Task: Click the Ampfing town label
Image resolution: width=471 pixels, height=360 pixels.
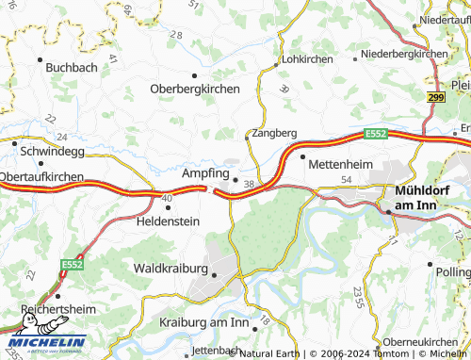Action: (x=205, y=173)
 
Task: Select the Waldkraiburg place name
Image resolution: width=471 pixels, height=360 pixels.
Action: (x=171, y=267)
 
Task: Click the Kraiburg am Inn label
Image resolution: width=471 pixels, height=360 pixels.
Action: (x=203, y=322)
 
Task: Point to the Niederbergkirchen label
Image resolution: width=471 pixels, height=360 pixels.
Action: (x=404, y=54)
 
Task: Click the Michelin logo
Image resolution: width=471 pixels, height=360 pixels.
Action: (x=46, y=340)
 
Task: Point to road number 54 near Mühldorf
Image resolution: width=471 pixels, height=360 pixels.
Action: (x=347, y=179)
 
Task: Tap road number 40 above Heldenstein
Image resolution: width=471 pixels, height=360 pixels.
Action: (x=167, y=199)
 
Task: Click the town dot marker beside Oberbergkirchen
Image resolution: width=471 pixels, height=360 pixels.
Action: (x=195, y=74)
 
